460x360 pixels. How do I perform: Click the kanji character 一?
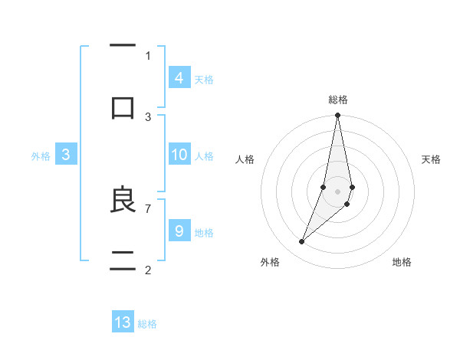coord(123,47)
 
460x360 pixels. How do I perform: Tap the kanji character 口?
coord(123,107)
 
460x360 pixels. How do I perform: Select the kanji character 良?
coord(123,200)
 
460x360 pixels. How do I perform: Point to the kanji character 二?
coord(123,261)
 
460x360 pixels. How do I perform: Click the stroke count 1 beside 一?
coord(148,55)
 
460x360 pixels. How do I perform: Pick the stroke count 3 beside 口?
coord(148,117)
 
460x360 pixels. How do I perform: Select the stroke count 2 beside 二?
coord(148,270)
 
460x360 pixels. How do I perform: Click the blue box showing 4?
coord(179,77)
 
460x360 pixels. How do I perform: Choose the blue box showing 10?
coord(179,155)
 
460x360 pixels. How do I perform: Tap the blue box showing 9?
coord(179,231)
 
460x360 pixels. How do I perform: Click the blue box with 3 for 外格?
coord(66,155)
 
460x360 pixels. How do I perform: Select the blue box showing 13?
coord(123,322)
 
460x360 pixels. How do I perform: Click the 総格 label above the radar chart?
coord(338,100)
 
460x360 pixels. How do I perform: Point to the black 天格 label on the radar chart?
coord(432,159)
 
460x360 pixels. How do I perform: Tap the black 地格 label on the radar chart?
coord(402,262)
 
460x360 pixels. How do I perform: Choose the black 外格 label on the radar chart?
coord(270,262)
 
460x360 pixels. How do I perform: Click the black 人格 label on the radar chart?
coord(245,159)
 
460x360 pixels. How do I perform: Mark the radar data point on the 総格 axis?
coord(338,116)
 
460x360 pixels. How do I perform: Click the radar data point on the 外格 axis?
coord(301,242)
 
